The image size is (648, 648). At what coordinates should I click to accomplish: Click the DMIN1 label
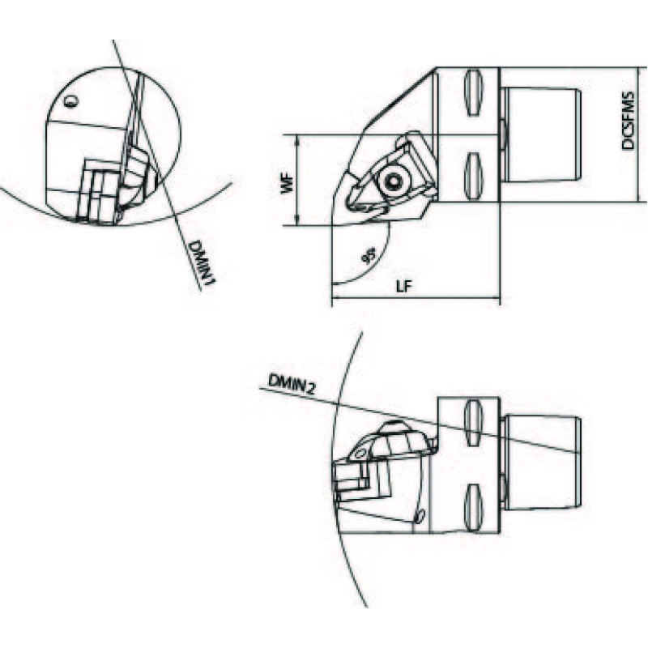(202, 262)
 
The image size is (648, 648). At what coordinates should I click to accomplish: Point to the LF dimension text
(404, 287)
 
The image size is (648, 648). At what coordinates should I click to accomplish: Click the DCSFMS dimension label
(629, 120)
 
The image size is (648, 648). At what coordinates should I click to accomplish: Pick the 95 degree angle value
(368, 255)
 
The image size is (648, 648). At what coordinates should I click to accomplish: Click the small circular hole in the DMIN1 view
(71, 100)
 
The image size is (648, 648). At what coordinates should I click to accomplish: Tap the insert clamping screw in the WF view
(394, 181)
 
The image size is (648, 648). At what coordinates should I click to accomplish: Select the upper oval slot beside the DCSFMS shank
(474, 93)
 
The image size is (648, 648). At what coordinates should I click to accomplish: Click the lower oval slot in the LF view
(474, 176)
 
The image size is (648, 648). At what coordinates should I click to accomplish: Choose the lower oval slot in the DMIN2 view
(474, 507)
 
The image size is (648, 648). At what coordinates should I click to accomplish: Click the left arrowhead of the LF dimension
(335, 297)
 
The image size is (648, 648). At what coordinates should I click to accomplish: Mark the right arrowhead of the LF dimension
(496, 297)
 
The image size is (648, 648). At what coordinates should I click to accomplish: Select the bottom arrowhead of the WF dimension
(297, 222)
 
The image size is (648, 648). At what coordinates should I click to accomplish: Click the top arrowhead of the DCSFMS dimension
(640, 71)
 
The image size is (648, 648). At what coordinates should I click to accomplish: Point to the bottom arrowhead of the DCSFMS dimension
(640, 198)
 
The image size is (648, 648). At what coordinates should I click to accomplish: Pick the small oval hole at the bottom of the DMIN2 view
(420, 516)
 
